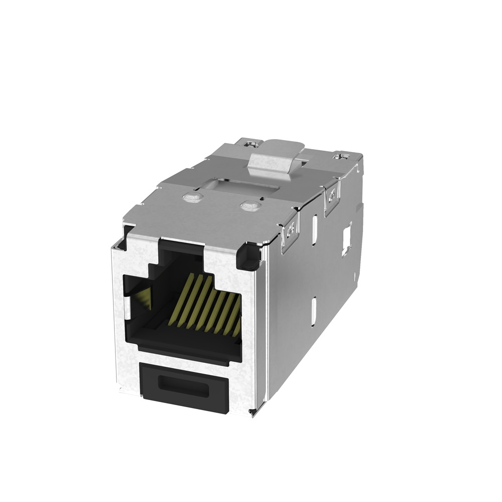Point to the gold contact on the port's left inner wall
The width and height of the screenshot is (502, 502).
click(144, 299)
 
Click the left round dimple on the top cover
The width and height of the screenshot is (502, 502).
click(192, 198)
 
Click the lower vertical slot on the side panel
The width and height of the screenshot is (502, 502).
click(314, 311)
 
